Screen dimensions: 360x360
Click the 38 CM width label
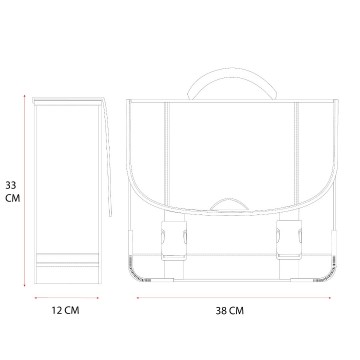coord(230,311)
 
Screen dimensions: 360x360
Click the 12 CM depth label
coord(66,310)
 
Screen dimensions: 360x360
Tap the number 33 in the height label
coord(11,185)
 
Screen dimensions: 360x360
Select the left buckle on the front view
coord(174,240)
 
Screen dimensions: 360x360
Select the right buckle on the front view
coord(289,240)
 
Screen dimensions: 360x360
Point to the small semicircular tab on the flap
coord(229,204)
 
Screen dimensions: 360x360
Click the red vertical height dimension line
coord(24,190)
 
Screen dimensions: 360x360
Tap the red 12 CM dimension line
coord(67,298)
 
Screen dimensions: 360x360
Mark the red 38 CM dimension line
coord(234,298)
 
